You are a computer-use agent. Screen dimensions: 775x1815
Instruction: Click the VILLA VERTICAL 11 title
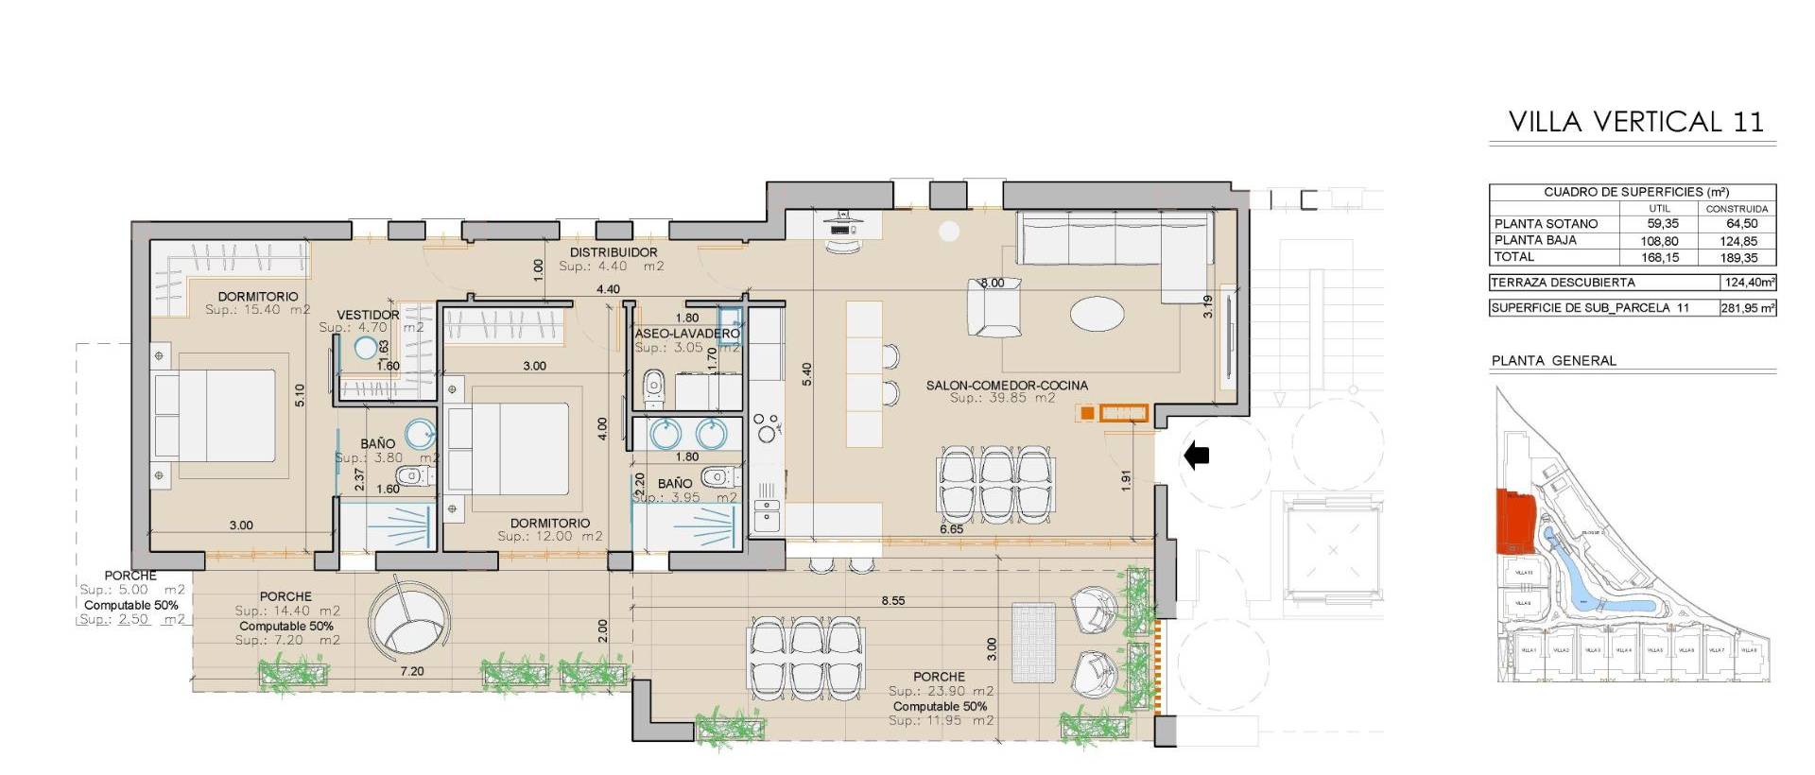tap(1635, 122)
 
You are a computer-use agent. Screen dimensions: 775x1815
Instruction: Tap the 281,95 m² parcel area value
tap(1747, 308)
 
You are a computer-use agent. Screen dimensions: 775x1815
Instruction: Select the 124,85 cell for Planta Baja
tap(1737, 241)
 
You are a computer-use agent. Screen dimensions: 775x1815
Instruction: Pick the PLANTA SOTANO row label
tap(1546, 224)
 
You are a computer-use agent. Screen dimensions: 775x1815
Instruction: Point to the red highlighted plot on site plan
tap(1513, 522)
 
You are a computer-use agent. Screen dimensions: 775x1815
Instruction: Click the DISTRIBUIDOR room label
tap(614, 252)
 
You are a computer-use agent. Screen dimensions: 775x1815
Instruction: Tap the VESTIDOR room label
tap(368, 315)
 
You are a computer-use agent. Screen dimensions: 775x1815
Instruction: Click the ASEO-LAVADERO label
tap(686, 334)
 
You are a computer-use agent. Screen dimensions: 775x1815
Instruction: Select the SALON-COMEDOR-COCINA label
tap(1007, 386)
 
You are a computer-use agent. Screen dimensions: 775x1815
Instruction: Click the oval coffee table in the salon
tap(1098, 314)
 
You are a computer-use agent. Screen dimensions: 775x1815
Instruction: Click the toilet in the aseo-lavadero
tap(653, 387)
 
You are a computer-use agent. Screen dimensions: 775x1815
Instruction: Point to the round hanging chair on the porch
tap(406, 620)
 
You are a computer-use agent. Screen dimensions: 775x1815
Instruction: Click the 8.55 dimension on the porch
tap(892, 600)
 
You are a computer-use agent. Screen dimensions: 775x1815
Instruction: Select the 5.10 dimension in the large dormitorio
tap(301, 394)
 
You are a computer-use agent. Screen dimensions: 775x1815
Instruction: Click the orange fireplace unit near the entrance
tap(1123, 412)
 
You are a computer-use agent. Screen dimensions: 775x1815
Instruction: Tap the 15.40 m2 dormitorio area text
tap(258, 310)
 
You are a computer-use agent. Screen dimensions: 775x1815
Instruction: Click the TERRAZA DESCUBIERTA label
tap(1562, 283)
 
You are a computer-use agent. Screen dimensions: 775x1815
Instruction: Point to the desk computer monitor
tap(840, 229)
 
